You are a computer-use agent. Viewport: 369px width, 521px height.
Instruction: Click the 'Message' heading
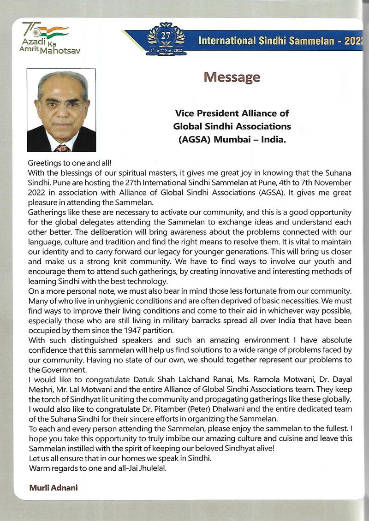(x=232, y=77)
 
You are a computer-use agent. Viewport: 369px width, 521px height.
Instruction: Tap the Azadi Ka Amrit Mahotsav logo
(x=46, y=38)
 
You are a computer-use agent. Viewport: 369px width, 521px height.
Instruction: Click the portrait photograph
(x=61, y=110)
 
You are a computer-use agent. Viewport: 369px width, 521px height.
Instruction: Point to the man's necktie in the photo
(x=62, y=148)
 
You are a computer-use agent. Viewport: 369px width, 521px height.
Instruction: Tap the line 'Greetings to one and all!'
(x=70, y=163)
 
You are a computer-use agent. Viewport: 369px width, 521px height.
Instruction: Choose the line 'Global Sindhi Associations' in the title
(x=232, y=125)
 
